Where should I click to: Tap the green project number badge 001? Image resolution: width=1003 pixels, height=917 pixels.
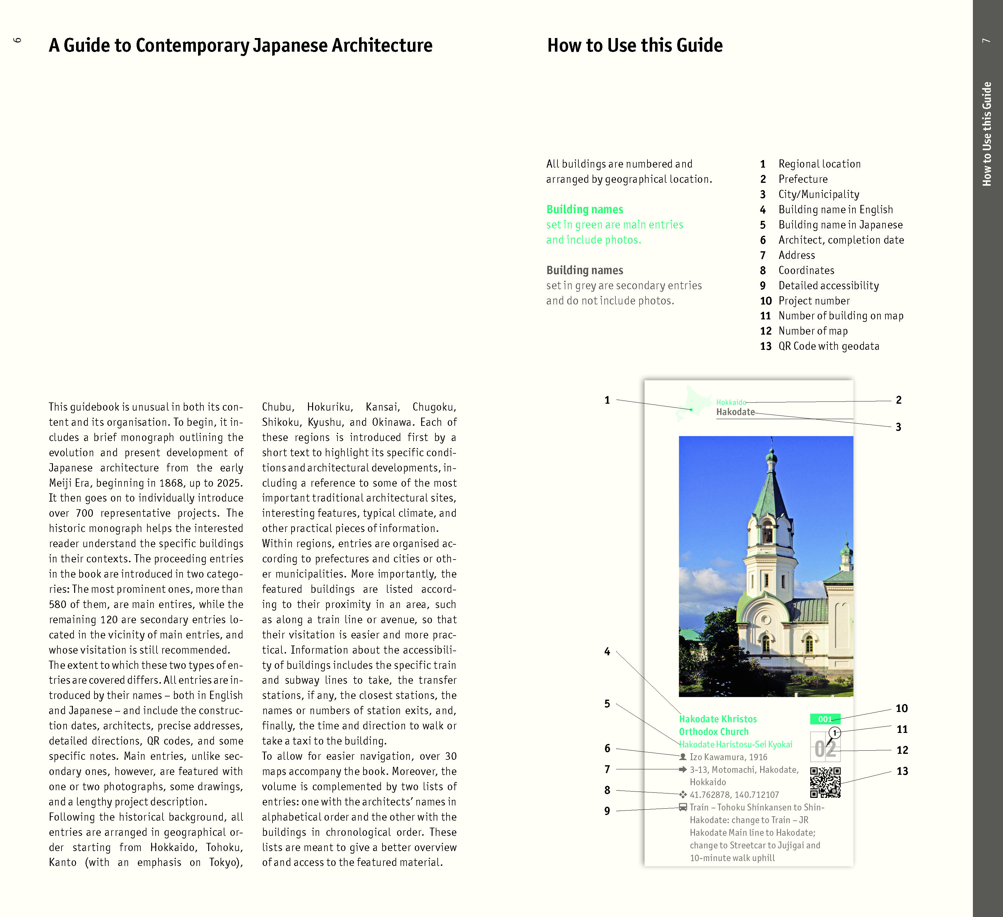pos(825,719)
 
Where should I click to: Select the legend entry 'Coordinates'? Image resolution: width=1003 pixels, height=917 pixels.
pos(806,270)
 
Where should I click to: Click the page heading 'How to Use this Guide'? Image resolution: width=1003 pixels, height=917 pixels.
pos(635,45)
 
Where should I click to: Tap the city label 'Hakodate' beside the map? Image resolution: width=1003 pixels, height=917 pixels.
pos(735,412)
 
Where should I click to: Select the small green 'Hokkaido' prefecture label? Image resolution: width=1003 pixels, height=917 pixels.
pos(731,402)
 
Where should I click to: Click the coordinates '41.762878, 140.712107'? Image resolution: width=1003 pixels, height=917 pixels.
pos(734,795)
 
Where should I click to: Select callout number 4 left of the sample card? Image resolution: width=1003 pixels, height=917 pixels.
pos(607,651)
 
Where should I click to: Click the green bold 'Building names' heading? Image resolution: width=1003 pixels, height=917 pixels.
pos(585,209)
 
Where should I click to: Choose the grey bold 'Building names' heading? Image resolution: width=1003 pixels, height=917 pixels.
pos(585,270)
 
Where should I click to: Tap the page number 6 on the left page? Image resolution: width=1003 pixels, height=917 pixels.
pos(17,40)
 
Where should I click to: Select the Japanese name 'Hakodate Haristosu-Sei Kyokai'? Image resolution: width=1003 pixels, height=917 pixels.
pos(735,744)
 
